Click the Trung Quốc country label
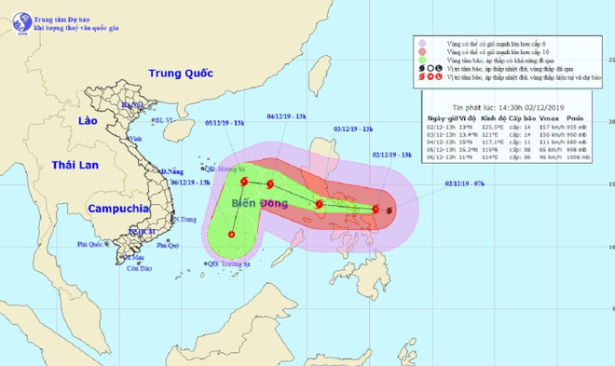(x=183, y=73)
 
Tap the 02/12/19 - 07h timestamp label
(x=463, y=185)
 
